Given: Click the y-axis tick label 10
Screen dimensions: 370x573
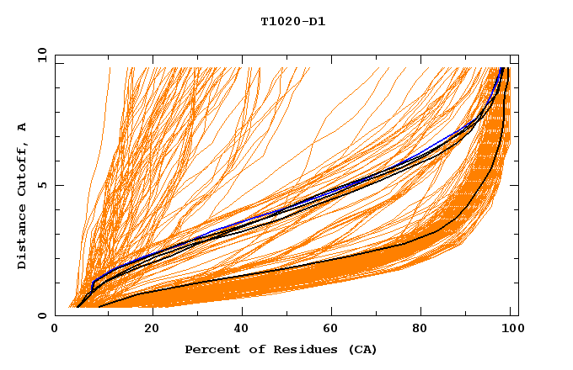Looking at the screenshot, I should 40,55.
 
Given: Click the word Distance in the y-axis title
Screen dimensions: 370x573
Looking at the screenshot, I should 23,239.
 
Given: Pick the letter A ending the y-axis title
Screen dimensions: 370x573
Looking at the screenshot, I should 23,126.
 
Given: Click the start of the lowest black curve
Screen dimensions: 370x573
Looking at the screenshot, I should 100,306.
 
